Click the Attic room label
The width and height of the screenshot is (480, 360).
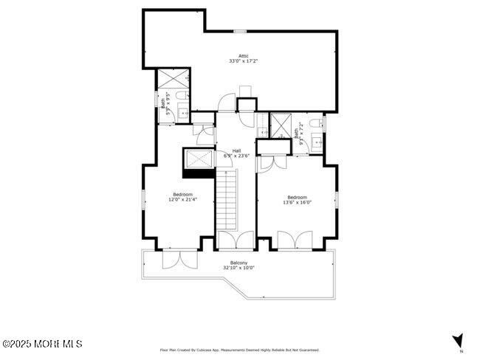tap(243, 56)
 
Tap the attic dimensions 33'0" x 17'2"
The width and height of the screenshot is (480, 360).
tap(243, 61)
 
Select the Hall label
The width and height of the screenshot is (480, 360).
tap(237, 150)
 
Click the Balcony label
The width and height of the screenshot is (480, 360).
tap(239, 263)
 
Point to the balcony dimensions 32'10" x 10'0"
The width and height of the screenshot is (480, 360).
tap(239, 268)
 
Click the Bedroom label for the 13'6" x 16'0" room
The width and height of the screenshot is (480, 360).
tap(297, 197)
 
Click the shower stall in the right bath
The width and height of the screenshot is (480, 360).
tap(281, 125)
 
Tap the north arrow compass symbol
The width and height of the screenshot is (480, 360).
tap(457, 340)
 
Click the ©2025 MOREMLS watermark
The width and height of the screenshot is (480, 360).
tap(42, 344)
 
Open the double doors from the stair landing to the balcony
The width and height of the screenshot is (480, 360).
tap(236, 240)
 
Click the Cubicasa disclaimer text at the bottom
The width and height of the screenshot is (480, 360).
tap(239, 350)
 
